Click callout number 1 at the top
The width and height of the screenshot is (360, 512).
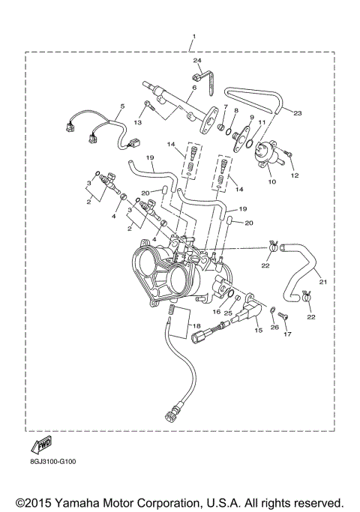(x=193, y=37)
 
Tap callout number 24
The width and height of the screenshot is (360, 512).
(x=198, y=60)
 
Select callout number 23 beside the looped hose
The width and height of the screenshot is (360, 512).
(x=297, y=113)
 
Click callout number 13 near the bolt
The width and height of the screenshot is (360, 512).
(x=137, y=122)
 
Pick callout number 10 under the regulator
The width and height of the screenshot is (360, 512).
(x=271, y=181)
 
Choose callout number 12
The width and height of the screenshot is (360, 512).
(x=294, y=175)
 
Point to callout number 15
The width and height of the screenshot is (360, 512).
(x=259, y=329)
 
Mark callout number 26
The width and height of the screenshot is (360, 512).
(x=274, y=326)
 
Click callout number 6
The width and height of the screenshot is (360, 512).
(x=193, y=88)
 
